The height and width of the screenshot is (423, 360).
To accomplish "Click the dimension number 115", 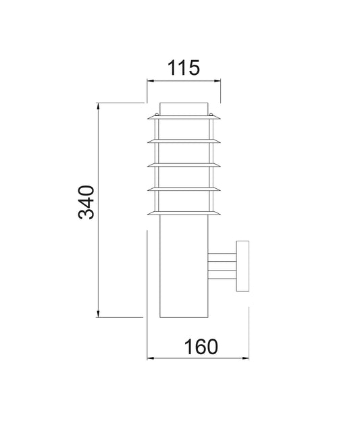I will point(184,67).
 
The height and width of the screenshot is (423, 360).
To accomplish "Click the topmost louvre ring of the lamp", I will point(184,118).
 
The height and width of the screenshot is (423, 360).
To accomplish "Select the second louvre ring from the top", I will point(184,141).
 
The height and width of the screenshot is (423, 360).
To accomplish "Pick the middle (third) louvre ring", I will point(184,165).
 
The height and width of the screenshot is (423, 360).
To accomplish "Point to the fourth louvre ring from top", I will point(184,190).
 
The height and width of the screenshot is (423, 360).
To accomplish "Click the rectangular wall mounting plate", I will point(242,265).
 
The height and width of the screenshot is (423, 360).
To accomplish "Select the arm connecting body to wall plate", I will point(222,265).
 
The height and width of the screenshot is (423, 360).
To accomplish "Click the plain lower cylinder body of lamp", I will point(184,270).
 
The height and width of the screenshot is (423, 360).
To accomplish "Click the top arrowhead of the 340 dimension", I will point(99,106).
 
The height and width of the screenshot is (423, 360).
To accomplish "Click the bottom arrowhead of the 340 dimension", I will point(99,314).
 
